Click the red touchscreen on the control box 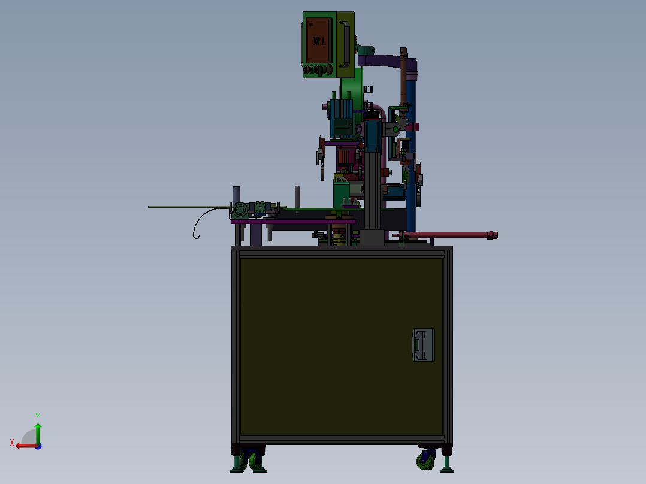point(318,40)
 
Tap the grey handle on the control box point(345,44)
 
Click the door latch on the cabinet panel point(423,344)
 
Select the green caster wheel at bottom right point(426,459)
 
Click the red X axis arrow point(24,445)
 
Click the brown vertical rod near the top point(403,78)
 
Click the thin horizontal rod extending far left point(186,207)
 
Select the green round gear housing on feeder point(239,210)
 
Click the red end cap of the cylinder point(492,235)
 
